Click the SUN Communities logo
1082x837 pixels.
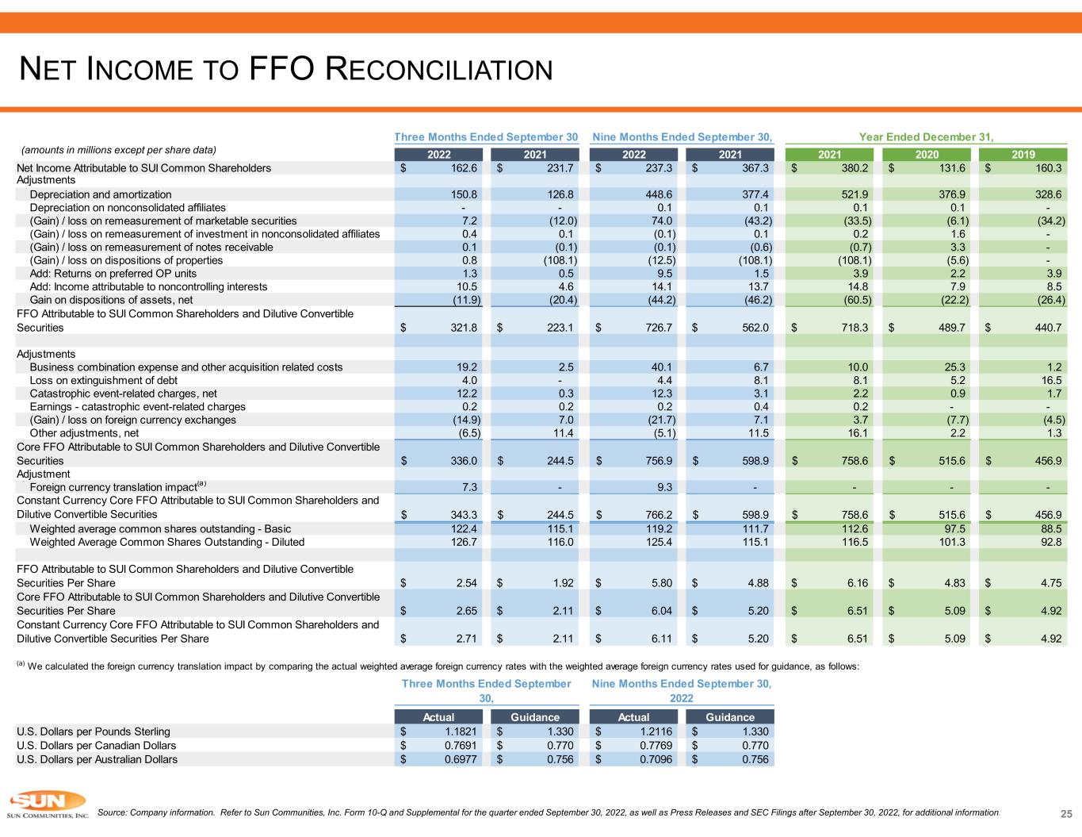pos(48,804)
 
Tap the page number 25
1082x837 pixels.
pos(1066,813)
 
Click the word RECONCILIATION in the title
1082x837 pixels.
pos(438,69)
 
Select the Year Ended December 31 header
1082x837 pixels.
pos(926,137)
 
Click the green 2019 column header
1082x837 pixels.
pos(1023,155)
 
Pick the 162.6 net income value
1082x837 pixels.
pos(464,168)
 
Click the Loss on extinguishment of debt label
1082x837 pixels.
pos(104,380)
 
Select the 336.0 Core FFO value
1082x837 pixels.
pos(464,461)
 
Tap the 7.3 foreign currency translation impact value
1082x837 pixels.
pos(469,487)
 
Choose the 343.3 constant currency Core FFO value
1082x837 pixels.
pos(464,514)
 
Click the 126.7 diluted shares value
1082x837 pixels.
pos(464,542)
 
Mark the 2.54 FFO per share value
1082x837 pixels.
pos(467,583)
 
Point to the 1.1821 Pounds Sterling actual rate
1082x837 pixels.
pos(461,731)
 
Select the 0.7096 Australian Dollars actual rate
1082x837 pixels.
pos(656,759)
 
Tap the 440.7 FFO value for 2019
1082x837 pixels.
pos(1048,328)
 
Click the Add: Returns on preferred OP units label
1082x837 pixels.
pos(113,274)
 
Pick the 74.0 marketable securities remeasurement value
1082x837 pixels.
pos(662,221)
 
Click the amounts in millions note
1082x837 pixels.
pos(119,150)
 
